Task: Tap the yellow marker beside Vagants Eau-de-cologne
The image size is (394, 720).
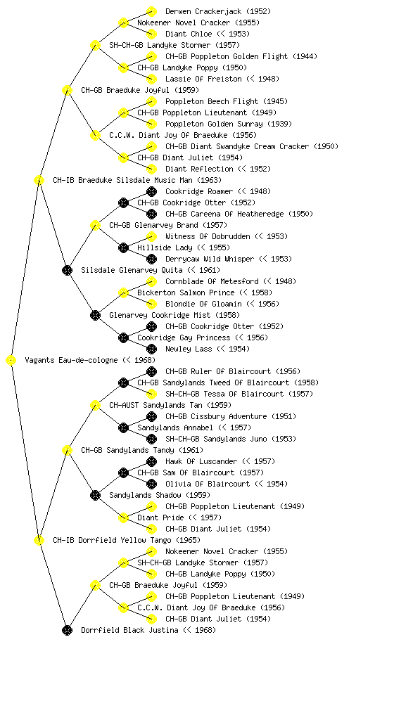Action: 11,361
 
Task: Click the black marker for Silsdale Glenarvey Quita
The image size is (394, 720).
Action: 67,271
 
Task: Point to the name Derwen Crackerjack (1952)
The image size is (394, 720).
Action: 218,11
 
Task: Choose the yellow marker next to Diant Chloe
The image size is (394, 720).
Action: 151,34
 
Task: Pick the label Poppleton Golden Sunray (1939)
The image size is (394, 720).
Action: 229,124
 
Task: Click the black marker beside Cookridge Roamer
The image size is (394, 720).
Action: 151,191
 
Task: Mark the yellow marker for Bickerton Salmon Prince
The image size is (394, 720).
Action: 123,293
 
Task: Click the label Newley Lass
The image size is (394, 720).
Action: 189,349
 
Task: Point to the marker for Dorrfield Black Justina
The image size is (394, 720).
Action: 67,631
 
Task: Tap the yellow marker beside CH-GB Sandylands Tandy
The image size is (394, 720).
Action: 67,451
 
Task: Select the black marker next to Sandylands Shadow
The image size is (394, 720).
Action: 95,496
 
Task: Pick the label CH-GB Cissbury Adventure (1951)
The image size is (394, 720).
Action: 231,416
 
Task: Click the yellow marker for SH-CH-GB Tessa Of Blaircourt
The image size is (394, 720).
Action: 151,394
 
